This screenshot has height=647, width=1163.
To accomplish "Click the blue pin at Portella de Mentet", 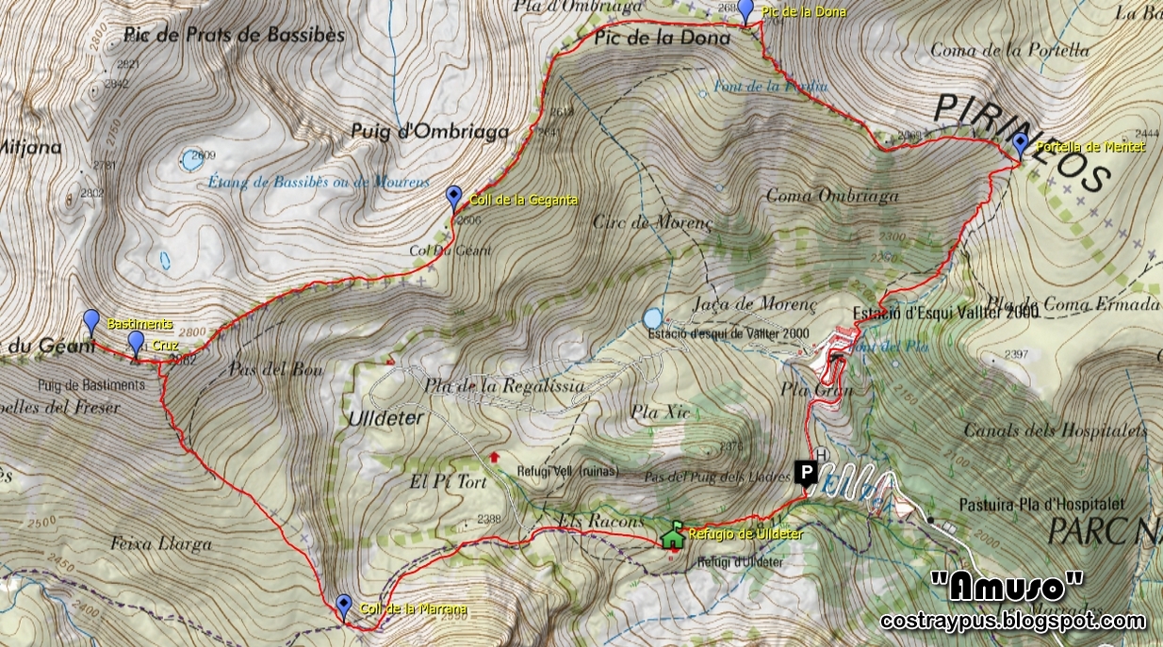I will pos(1020,144).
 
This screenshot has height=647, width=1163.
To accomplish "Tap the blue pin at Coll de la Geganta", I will pos(454,197).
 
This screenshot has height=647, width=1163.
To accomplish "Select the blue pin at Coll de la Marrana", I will pos(343,605).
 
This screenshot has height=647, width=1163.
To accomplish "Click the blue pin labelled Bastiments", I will pos(91,321).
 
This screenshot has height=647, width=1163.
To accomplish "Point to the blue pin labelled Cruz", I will pos(137,342).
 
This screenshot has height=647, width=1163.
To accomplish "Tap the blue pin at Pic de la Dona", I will pos(745,10).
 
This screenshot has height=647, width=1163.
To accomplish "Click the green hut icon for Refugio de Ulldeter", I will pos(673,536).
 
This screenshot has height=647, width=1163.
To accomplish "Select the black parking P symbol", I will pos(807,472).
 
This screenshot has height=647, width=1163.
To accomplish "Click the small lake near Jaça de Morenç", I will pos(652,316).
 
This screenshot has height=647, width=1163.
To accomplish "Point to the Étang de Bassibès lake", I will pos(192,161).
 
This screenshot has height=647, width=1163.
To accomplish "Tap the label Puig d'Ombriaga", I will pos(431,132).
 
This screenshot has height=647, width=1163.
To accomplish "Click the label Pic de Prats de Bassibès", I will pos(234,36).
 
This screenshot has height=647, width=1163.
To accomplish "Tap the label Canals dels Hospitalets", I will pos(1056,430).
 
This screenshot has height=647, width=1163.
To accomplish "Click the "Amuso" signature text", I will pos(1007,588).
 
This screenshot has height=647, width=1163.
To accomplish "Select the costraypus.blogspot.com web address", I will pos(1013,621).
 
